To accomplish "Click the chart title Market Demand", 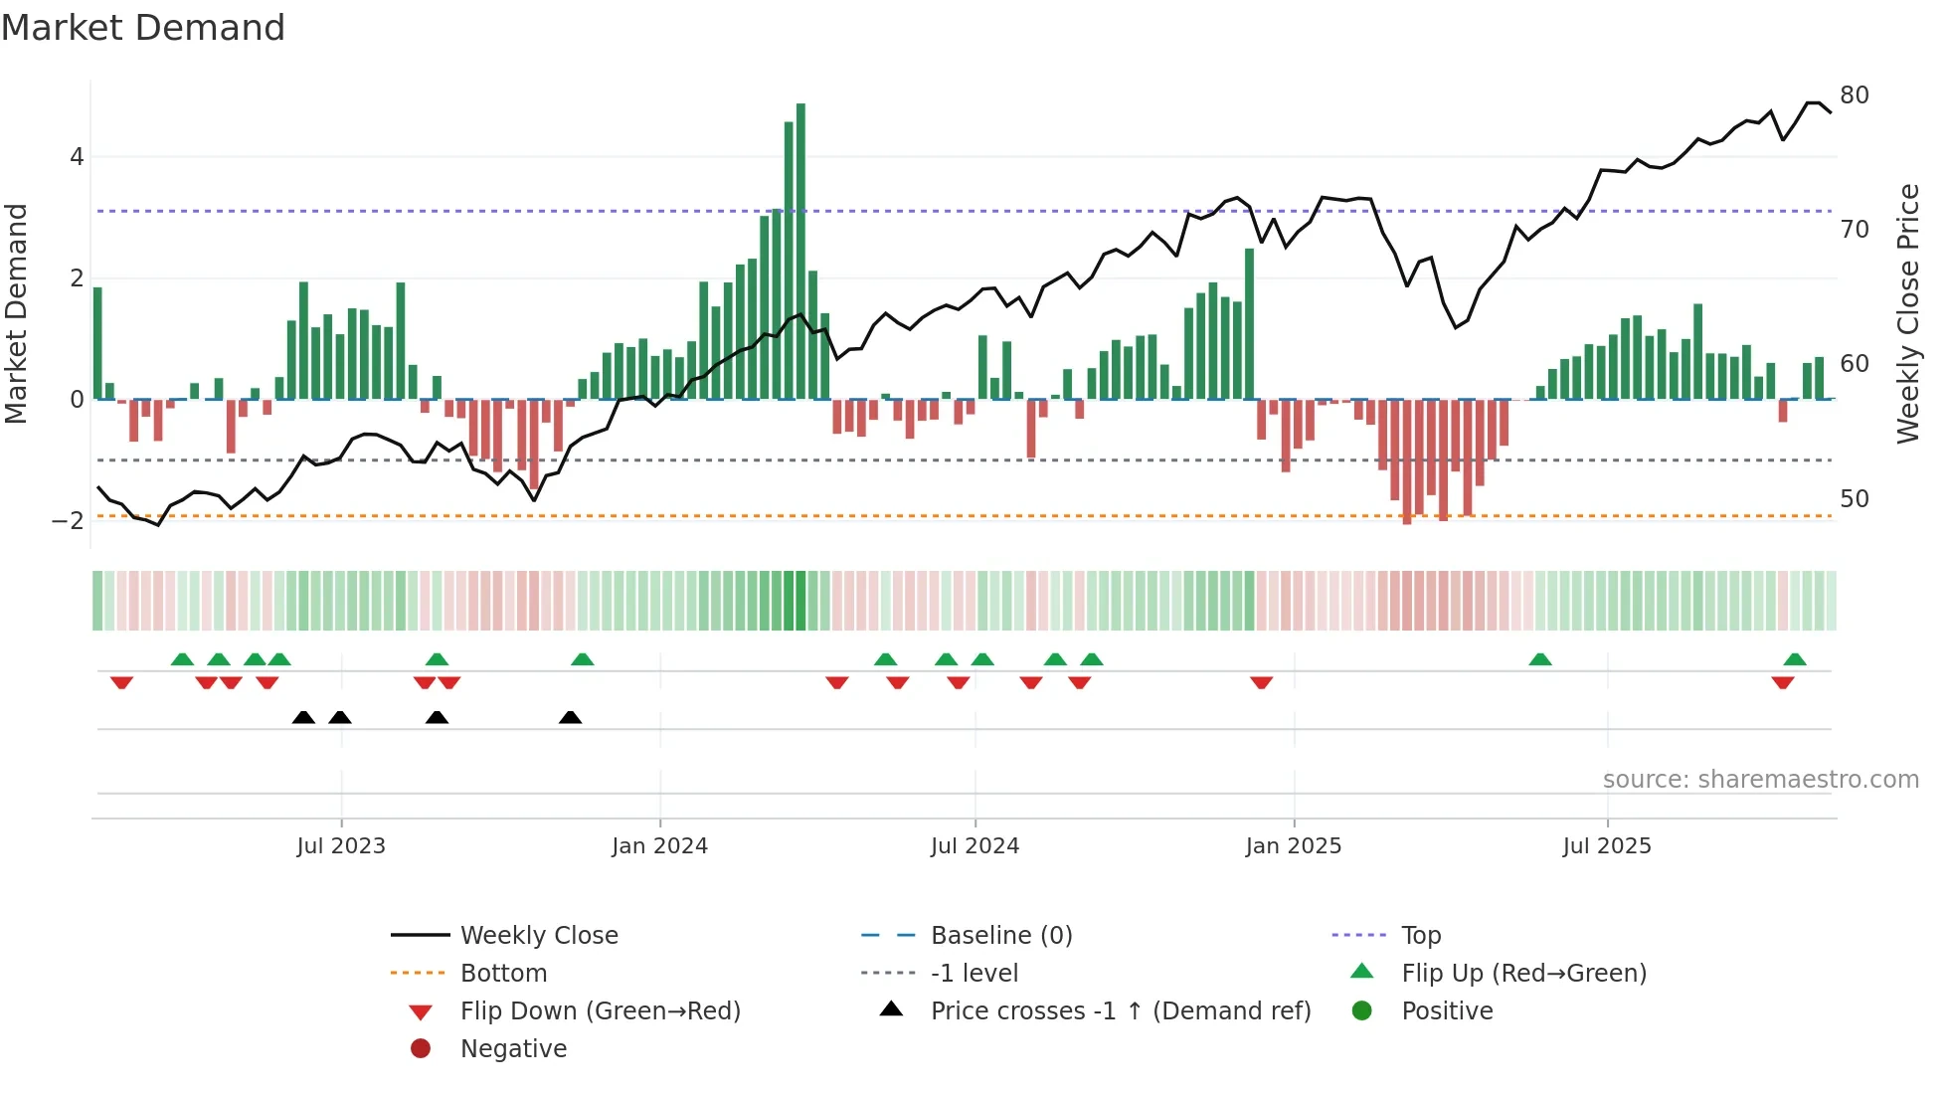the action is pos(143,28).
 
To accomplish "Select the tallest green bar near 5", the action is pos(800,249).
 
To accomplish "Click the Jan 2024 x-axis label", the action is pos(659,846).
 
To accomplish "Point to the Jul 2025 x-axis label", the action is pos(1606,846).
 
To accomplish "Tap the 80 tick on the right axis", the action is pos(1854,95).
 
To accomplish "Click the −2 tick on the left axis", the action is pos(68,521).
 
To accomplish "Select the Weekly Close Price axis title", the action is pos(1907,313).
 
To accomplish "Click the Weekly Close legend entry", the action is pos(538,936).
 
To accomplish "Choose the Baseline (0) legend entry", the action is pos(1000,936).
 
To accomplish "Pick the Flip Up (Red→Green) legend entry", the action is pos(1522,974).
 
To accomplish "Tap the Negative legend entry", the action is pos(512,1049).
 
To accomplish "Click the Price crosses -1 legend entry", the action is pos(1120,1011).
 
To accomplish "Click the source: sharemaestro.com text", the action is pos(1760,780).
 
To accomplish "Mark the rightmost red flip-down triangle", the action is pos(1782,683).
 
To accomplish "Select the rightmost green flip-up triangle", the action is pos(1794,659).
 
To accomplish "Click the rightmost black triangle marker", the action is pos(570,718).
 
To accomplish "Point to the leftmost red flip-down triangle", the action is pos(121,683).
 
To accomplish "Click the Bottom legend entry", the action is pos(502,974).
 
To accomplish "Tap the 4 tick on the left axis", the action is pos(77,157).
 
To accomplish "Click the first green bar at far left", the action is pos(97,343).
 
